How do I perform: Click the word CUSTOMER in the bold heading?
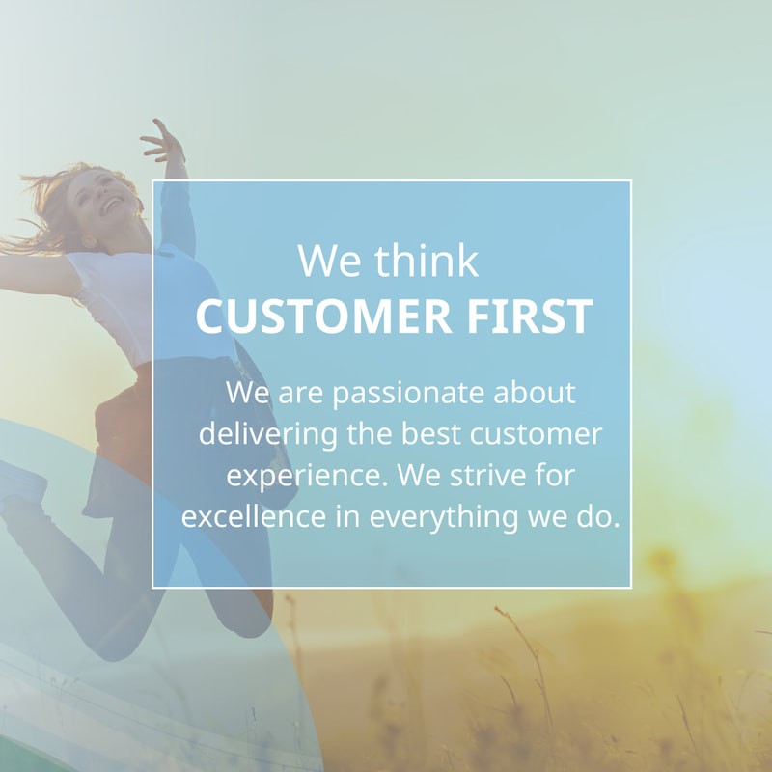click(x=323, y=317)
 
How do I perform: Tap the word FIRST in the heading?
click(x=530, y=317)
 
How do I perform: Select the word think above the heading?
click(x=427, y=260)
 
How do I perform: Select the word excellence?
click(x=254, y=516)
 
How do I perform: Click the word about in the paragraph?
click(x=535, y=393)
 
